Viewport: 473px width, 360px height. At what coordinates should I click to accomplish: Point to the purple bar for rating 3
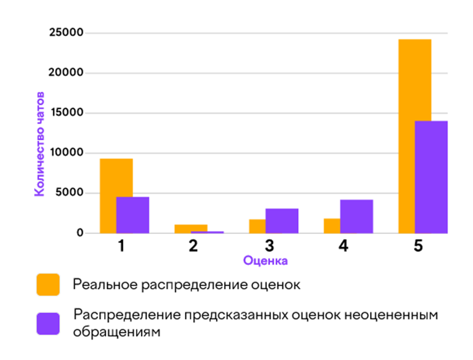coord(282,221)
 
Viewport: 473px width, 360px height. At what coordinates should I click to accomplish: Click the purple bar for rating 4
coord(356,217)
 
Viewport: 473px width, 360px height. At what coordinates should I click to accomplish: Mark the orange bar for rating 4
coord(332,226)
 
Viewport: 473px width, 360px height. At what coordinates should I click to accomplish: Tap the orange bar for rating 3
coord(258,226)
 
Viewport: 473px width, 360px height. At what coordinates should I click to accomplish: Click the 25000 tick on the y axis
coord(66,33)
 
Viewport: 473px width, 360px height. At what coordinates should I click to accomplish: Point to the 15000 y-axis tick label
coord(66,113)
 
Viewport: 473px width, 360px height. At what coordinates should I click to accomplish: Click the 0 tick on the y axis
coord(79,233)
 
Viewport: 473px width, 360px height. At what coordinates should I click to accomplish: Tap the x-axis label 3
coord(268,246)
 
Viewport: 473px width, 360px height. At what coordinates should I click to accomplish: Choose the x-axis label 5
coord(418,246)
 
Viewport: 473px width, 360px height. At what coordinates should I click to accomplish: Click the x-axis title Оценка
coord(265,261)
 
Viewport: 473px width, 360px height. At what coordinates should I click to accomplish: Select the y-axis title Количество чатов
coord(39,146)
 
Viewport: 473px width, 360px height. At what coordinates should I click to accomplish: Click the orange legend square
coord(48,285)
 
